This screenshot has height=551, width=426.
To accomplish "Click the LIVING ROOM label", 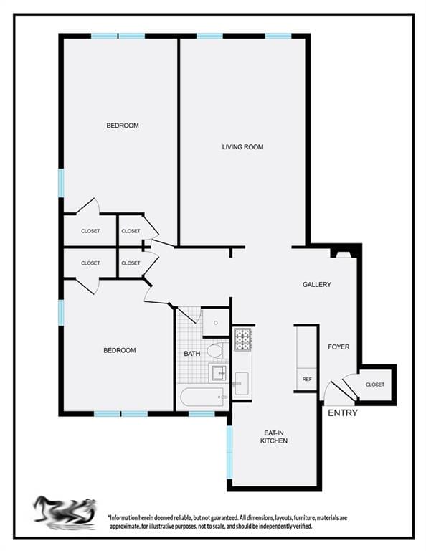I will pyautogui.click(x=242, y=147).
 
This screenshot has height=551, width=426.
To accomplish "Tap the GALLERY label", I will pyautogui.click(x=316, y=285).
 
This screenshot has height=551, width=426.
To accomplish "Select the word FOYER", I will pyautogui.click(x=339, y=347).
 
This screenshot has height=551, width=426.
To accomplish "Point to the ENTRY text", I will pyautogui.click(x=342, y=413).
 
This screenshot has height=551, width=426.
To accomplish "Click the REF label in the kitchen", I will pyautogui.click(x=307, y=379).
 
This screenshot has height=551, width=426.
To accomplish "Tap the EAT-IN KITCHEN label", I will pyautogui.click(x=274, y=436).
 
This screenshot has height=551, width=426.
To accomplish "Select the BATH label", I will pyautogui.click(x=192, y=354).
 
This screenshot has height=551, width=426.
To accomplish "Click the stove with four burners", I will pyautogui.click(x=242, y=339).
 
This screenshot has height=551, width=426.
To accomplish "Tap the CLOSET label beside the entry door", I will pyautogui.click(x=374, y=385).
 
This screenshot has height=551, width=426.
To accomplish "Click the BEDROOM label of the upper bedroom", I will pyautogui.click(x=122, y=126).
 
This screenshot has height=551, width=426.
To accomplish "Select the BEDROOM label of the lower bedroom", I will pyautogui.click(x=119, y=350).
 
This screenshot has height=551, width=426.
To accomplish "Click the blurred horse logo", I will pyautogui.click(x=65, y=512).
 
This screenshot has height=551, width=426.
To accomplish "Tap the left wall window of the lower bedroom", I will pyautogui.click(x=61, y=311).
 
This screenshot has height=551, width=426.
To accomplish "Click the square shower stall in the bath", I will pyautogui.click(x=215, y=322).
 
